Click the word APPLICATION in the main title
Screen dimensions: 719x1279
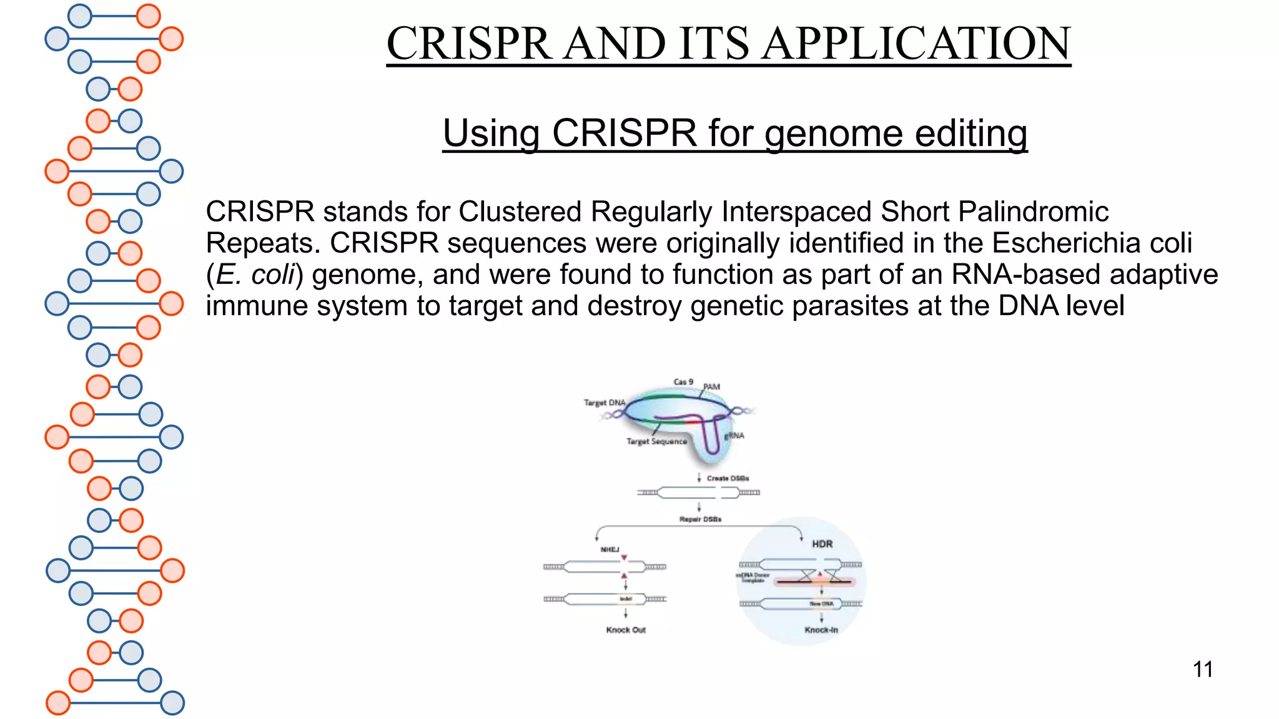917,44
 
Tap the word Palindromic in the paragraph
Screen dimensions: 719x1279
1033,212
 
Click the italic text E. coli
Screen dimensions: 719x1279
255,275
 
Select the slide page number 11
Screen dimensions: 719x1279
1203,670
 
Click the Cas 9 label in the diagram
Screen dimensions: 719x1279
683,382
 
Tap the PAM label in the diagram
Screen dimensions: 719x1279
712,387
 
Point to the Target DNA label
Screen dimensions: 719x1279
605,403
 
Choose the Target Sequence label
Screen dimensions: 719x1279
656,442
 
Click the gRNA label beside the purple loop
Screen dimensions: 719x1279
735,436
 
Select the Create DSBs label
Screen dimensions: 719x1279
728,479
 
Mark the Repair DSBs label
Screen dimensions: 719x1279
700,519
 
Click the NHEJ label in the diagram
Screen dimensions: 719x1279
610,550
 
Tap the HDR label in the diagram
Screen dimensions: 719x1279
822,544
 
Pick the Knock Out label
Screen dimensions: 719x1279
626,630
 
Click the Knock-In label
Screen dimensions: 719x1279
821,630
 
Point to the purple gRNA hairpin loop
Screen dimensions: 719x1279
711,437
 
